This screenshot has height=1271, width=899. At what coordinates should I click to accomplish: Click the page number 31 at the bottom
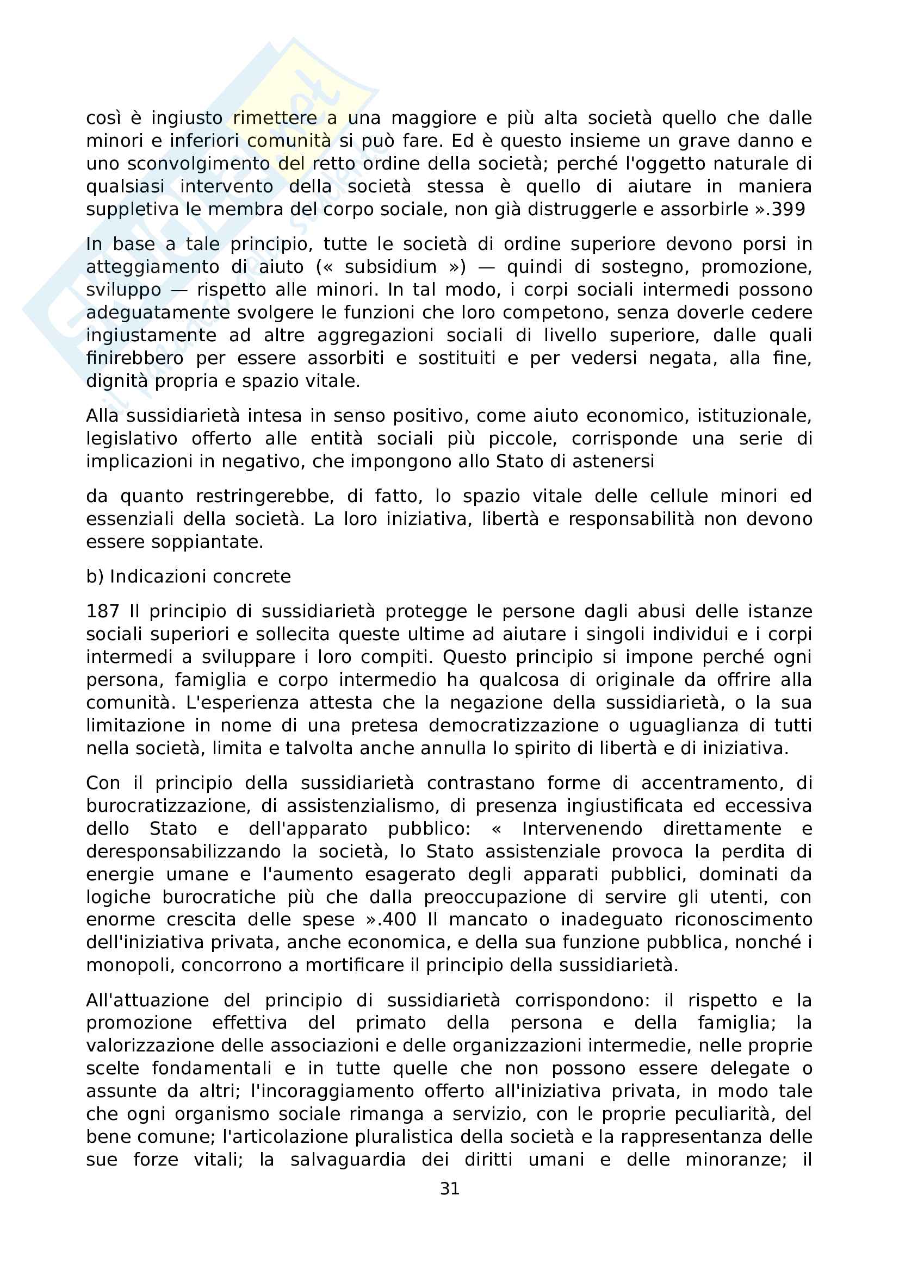(x=449, y=1188)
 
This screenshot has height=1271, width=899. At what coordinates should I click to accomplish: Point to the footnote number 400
(x=399, y=919)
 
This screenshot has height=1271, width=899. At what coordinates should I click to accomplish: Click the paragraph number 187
(x=102, y=611)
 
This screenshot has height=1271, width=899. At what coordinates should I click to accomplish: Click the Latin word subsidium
(x=390, y=267)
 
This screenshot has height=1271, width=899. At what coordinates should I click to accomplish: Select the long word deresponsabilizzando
(x=191, y=851)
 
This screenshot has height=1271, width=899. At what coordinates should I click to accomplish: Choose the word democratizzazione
(x=513, y=725)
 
